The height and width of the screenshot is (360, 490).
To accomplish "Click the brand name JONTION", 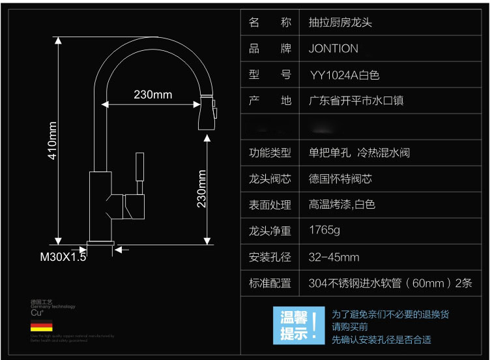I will (333, 49).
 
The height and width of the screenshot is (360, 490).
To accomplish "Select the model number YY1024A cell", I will (344, 75).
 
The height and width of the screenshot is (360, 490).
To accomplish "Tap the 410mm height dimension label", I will (53, 140).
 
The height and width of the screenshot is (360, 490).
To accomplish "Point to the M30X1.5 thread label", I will (63, 257).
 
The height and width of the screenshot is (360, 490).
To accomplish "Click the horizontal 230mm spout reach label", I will (153, 95).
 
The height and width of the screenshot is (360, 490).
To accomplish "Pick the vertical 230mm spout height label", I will (202, 189).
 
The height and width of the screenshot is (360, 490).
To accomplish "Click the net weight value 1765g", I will (324, 231).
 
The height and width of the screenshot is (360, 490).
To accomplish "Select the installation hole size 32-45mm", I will (334, 257).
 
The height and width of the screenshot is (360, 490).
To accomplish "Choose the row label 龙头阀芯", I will (270, 179).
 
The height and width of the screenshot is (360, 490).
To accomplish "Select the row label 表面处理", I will (270, 205).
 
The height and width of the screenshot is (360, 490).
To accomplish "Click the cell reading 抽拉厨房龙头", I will (340, 23).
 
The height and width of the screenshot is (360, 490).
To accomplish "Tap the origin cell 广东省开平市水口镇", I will (356, 101).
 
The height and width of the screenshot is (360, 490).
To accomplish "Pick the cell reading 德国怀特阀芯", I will (340, 179).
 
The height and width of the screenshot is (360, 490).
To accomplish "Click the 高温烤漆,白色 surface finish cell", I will (342, 205).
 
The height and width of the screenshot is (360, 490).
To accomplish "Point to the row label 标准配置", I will (270, 283).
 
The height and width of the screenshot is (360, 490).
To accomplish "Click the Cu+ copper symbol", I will (36, 313).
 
